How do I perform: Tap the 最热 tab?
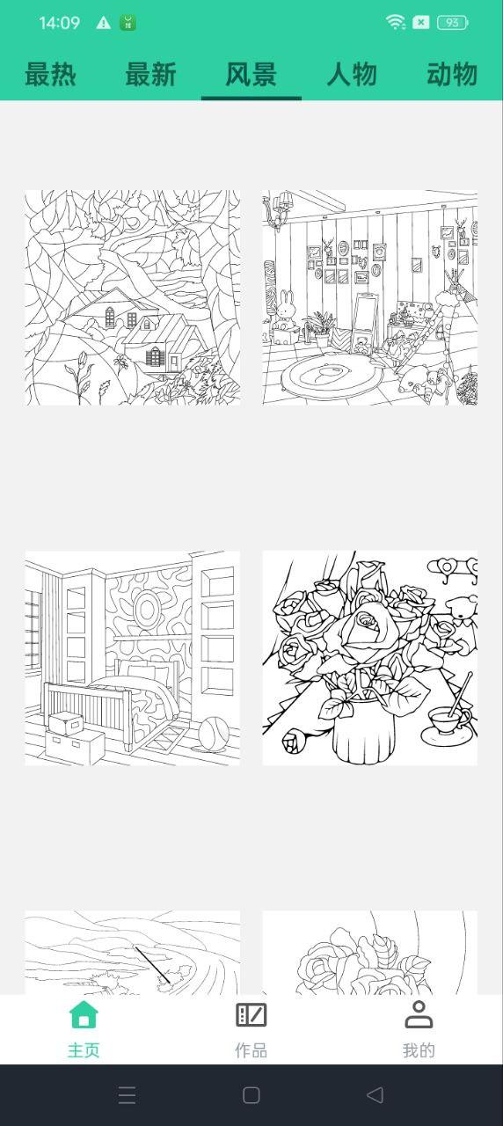50,75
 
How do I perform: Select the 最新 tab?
150,75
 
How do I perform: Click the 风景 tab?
251,75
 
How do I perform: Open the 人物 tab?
352,75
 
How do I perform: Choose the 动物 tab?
452,75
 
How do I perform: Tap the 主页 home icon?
84,1015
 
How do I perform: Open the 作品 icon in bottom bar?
251,1015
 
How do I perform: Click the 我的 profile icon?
419,1015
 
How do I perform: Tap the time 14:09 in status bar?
59,23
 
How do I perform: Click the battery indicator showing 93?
452,23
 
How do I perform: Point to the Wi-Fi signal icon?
396,23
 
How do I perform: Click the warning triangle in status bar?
104,23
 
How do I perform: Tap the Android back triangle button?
375,1094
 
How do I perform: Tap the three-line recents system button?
127,1094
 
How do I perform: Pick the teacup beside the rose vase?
448,718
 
